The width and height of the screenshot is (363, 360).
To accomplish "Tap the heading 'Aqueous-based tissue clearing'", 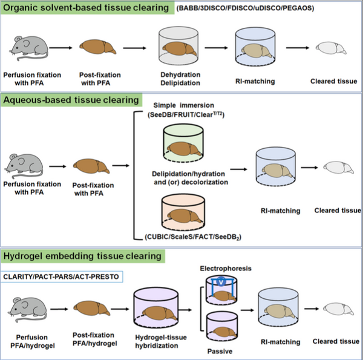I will click(72, 99).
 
